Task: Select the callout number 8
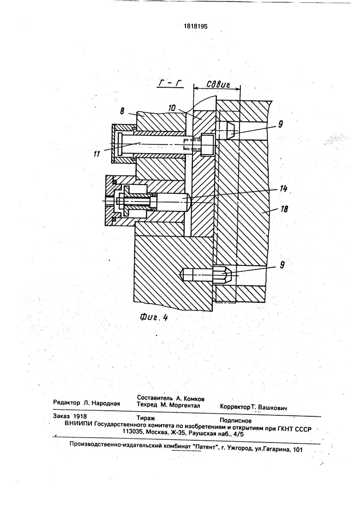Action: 122,111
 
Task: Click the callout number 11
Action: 97,154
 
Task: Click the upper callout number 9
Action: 281,124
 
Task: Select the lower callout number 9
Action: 282,265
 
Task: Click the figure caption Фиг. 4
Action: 154,317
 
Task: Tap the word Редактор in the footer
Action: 66,403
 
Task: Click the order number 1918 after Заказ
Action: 80,416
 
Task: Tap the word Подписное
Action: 235,421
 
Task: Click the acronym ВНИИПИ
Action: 78,424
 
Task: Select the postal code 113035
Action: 133,432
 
